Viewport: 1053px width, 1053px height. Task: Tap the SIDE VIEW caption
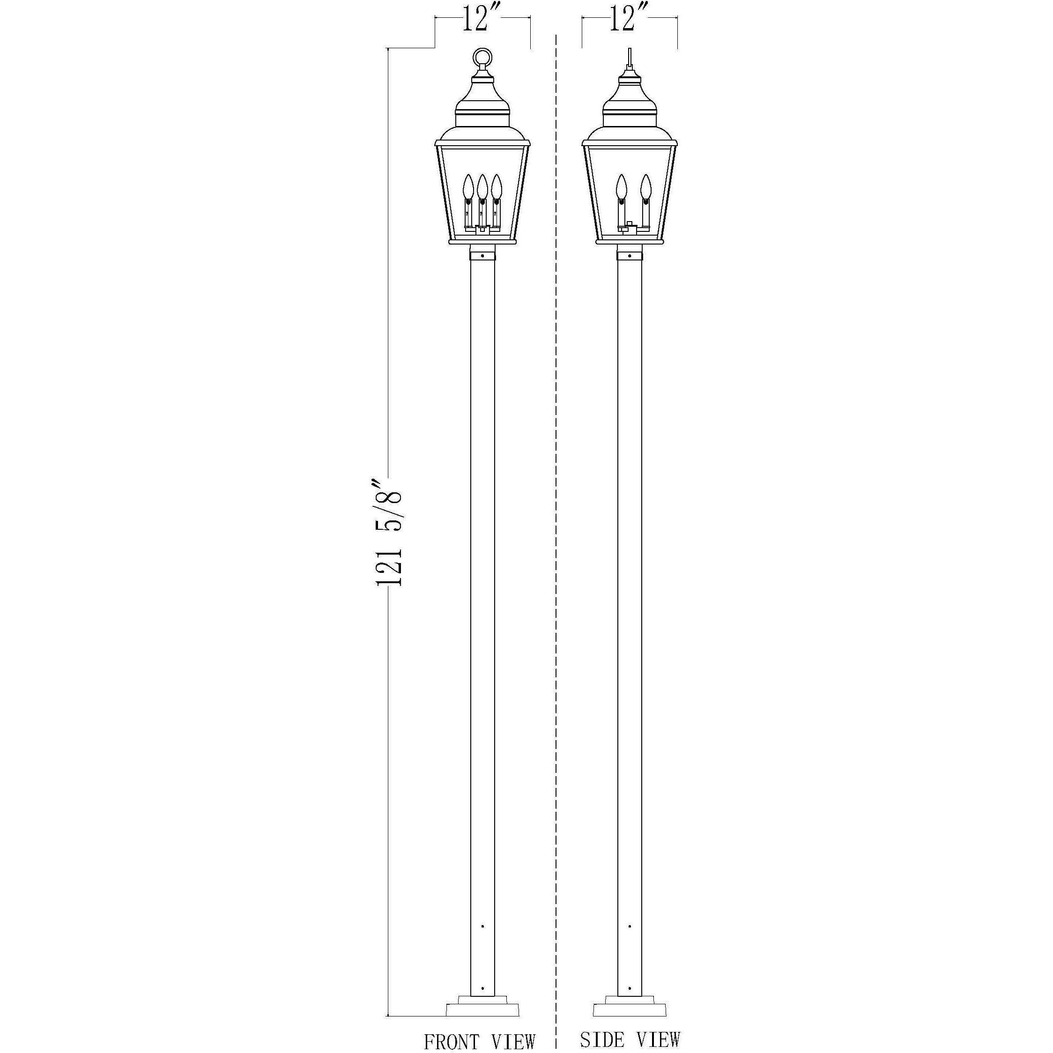point(630,1039)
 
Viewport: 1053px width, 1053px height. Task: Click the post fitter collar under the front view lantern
point(482,254)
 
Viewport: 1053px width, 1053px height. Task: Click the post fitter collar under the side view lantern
point(630,254)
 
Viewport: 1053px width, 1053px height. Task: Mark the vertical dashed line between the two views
point(556,545)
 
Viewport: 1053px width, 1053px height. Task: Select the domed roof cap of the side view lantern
point(630,98)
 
